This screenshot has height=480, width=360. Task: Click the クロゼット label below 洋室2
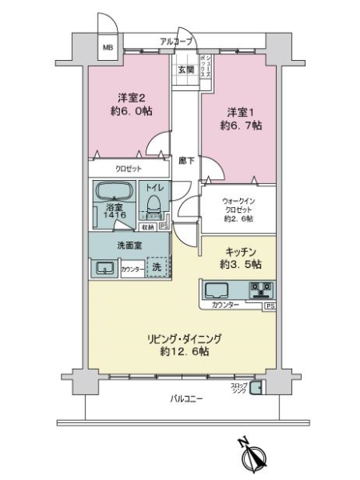click(x=128, y=169)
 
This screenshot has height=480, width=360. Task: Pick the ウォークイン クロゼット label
click(x=238, y=207)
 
